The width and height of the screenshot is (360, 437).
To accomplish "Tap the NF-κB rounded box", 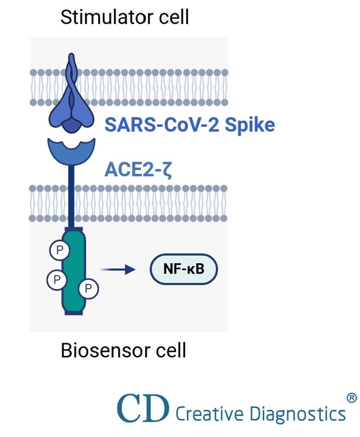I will [x=184, y=270].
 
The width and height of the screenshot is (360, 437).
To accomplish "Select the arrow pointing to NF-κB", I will [x=117, y=270].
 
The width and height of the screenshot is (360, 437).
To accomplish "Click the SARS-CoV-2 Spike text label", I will [x=189, y=125].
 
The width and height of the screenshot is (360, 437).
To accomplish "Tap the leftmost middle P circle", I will [x=56, y=279].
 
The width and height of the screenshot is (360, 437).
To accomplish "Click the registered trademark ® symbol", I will [x=352, y=398].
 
